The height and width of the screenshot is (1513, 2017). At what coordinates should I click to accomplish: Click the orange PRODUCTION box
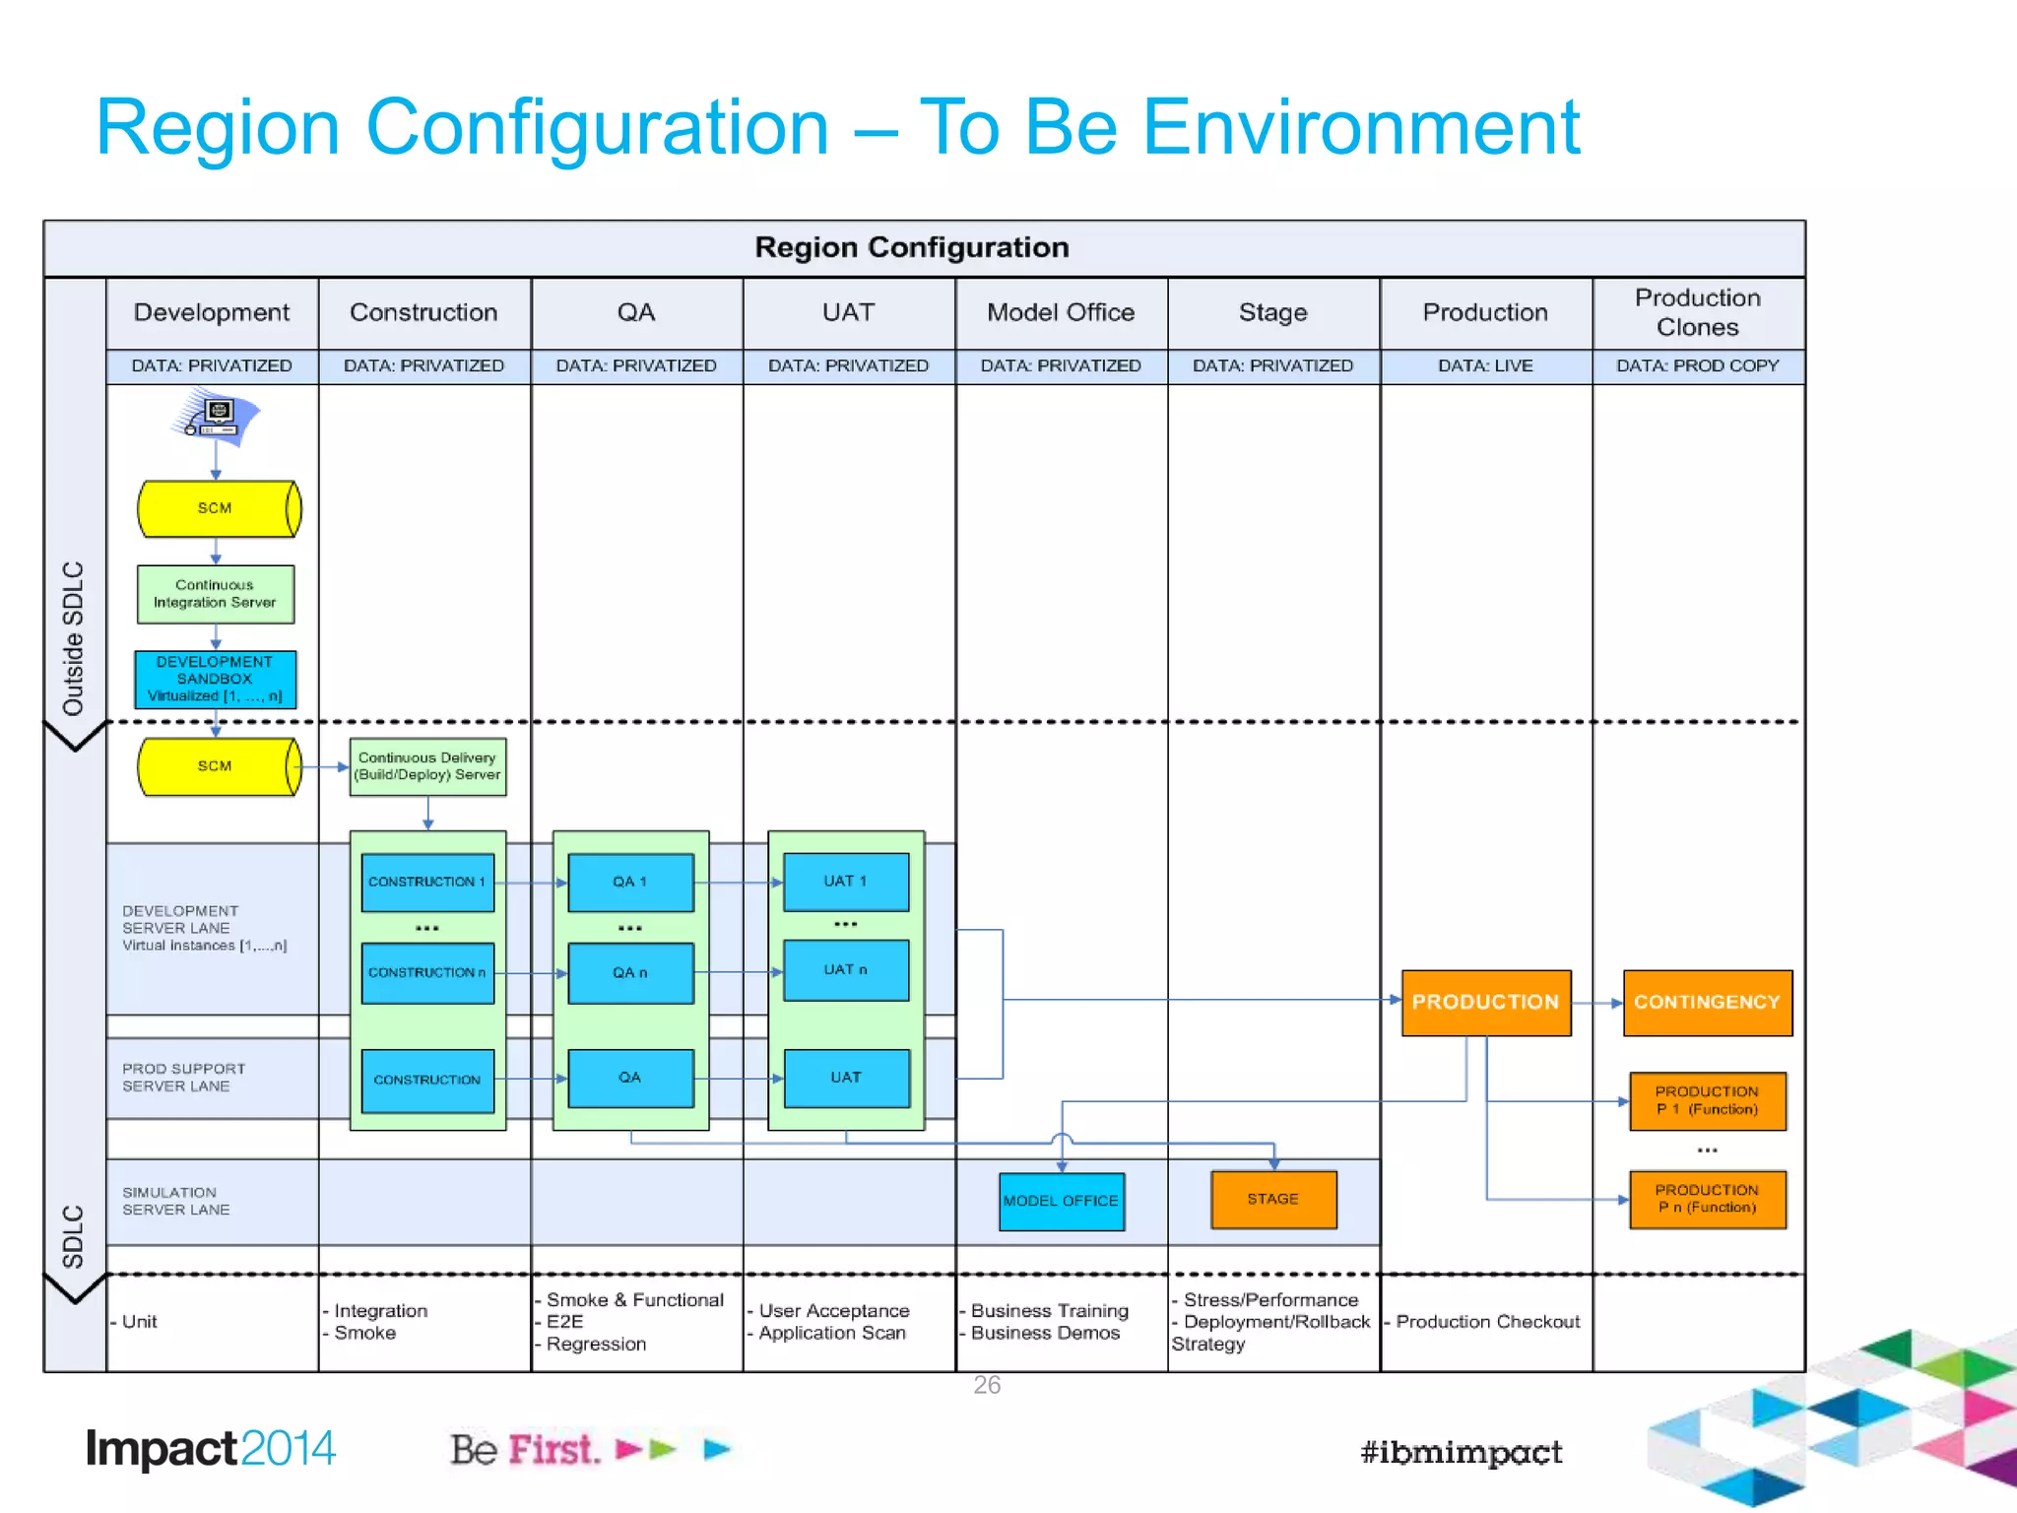(1485, 1002)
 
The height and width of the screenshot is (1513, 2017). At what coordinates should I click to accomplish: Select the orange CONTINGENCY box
(1707, 1002)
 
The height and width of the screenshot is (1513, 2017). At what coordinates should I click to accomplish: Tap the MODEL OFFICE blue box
(1061, 1201)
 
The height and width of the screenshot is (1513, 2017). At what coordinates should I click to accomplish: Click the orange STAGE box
(1272, 1199)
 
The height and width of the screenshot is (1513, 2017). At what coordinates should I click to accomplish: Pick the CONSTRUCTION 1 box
(426, 882)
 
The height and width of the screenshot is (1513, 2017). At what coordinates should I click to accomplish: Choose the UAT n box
(845, 970)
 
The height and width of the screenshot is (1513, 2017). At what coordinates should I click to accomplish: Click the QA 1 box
(630, 882)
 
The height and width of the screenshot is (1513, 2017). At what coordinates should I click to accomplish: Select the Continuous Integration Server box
(215, 594)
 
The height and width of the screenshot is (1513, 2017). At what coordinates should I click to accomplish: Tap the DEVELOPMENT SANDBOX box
(215, 679)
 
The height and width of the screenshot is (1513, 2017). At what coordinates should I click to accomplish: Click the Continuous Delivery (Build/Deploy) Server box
(427, 766)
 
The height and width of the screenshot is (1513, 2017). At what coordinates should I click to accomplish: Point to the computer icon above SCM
(218, 417)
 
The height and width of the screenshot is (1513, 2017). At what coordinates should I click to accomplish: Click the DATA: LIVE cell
(1485, 365)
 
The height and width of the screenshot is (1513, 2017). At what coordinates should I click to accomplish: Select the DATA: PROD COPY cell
(1697, 365)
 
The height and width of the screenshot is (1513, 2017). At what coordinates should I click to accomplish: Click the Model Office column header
(1061, 312)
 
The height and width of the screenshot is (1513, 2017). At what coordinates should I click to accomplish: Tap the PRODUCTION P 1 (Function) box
(1707, 1100)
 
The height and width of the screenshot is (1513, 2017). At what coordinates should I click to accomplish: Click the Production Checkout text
(1487, 1322)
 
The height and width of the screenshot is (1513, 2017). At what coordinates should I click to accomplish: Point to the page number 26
(986, 1385)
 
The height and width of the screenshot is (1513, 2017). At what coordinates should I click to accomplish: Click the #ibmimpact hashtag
(1461, 1452)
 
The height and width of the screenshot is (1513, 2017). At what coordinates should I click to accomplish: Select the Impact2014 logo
(211, 1449)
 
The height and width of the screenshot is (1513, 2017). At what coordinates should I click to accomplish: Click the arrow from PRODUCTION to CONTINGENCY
(1596, 1003)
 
